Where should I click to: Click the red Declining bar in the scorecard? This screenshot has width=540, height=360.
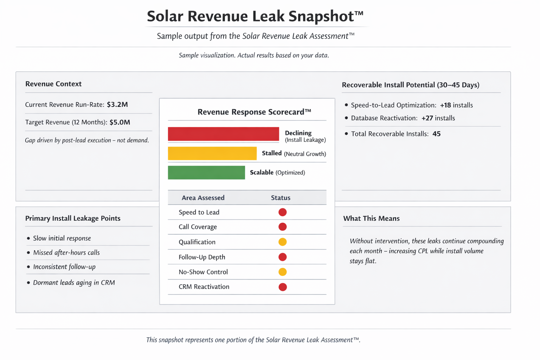click(223, 134)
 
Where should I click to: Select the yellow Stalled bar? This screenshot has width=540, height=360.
click(212, 153)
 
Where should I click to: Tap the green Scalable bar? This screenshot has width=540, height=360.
click(206, 173)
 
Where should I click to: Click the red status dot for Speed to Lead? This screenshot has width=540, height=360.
click(282, 212)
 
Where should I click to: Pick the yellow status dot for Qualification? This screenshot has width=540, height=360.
click(282, 242)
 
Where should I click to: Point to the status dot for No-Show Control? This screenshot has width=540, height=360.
click(282, 272)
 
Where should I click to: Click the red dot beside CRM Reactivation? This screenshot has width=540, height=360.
click(282, 287)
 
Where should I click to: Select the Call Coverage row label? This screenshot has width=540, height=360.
click(198, 227)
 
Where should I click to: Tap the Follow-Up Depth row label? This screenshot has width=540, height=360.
click(202, 257)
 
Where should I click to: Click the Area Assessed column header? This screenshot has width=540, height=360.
click(203, 198)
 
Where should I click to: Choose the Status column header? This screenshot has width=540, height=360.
click(281, 198)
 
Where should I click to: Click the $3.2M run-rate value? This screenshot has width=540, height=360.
click(117, 104)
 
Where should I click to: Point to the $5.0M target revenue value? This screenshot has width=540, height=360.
click(120, 122)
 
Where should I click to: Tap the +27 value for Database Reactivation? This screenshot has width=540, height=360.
click(427, 118)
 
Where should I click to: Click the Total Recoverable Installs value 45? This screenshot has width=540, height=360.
click(436, 134)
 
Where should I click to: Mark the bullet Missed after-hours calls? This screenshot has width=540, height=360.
click(66, 252)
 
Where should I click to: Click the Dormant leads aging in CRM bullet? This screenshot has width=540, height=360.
click(74, 283)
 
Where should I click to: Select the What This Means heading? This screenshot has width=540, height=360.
click(371, 218)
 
